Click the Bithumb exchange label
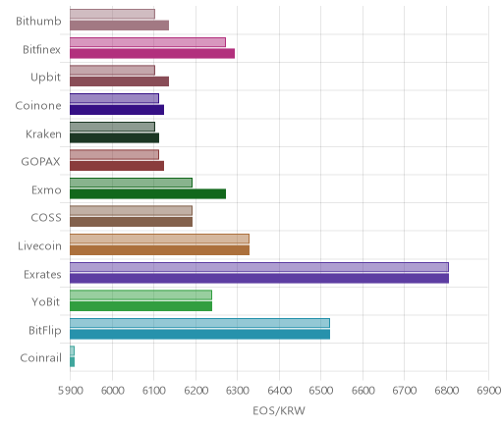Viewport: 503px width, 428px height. [38, 21]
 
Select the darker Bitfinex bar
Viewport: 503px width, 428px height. [152, 53]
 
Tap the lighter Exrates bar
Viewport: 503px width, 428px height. [259, 267]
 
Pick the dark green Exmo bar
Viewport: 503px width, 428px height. [147, 194]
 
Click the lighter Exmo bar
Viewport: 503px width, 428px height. [131, 183]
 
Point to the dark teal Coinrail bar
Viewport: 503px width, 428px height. [72, 362]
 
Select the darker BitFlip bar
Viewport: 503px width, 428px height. [199, 335]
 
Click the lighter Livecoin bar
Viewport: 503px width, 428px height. [159, 239]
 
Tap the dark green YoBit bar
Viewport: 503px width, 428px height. [140, 306]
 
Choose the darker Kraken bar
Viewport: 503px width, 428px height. [114, 138]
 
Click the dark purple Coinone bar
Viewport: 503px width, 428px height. [117, 110]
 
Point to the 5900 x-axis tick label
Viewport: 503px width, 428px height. [70, 391]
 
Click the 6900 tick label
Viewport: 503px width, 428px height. [488, 391]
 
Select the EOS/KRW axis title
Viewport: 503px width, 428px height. [279, 410]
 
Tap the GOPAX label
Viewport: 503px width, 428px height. [41, 162]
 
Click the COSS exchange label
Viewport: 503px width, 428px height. [46, 218]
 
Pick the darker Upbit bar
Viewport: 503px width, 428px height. [119, 81]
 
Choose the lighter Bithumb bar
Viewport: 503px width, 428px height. [112, 14]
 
